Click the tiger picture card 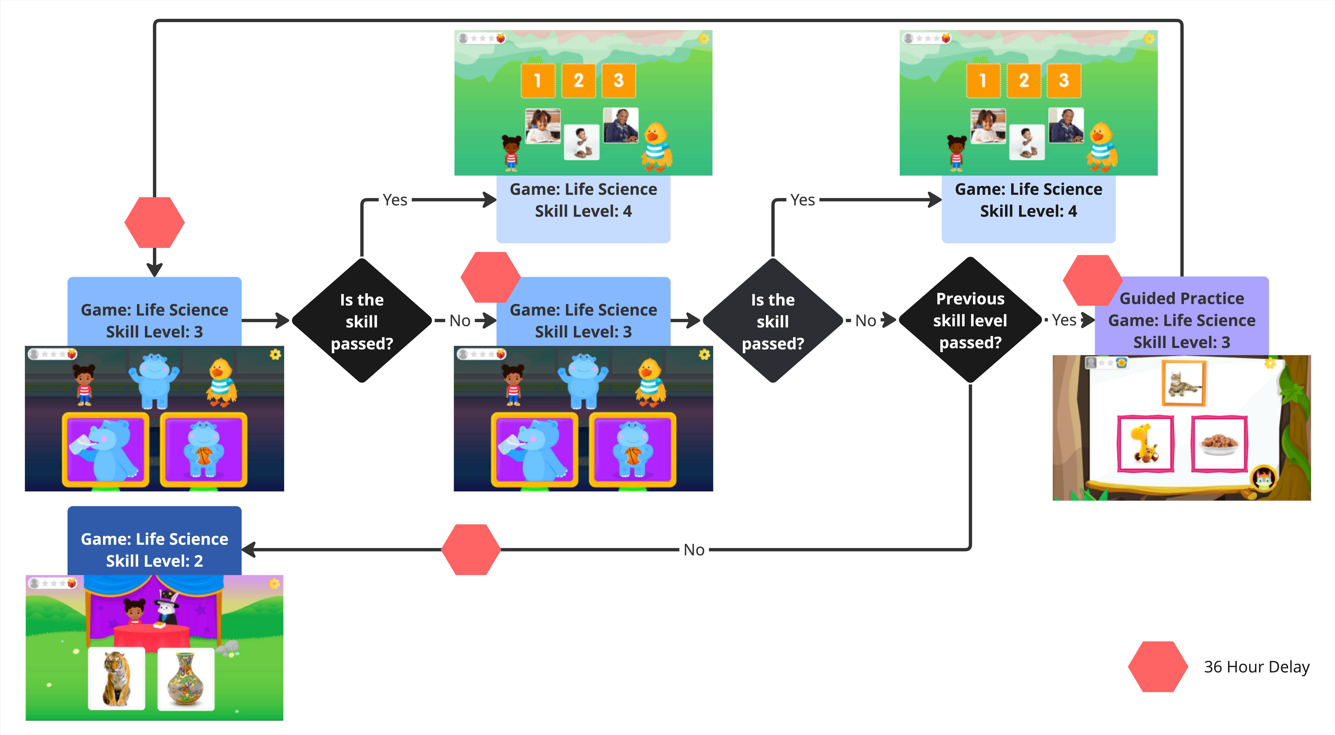click(117, 679)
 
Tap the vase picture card click(186, 679)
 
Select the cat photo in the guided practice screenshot click(1184, 384)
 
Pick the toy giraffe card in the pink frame click(1145, 444)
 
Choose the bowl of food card click(1219, 444)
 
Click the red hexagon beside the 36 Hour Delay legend click(1158, 666)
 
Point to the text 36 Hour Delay click(1256, 666)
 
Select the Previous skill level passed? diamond click(970, 320)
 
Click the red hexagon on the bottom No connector click(471, 549)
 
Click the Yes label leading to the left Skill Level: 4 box click(395, 200)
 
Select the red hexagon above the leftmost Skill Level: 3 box click(154, 222)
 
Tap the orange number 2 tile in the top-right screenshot click(1023, 80)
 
